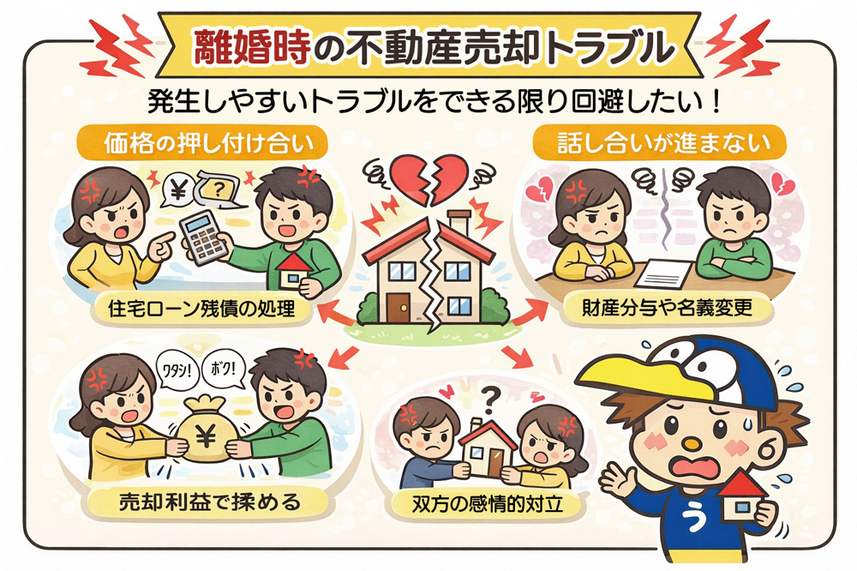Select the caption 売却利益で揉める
click(x=208, y=501)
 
